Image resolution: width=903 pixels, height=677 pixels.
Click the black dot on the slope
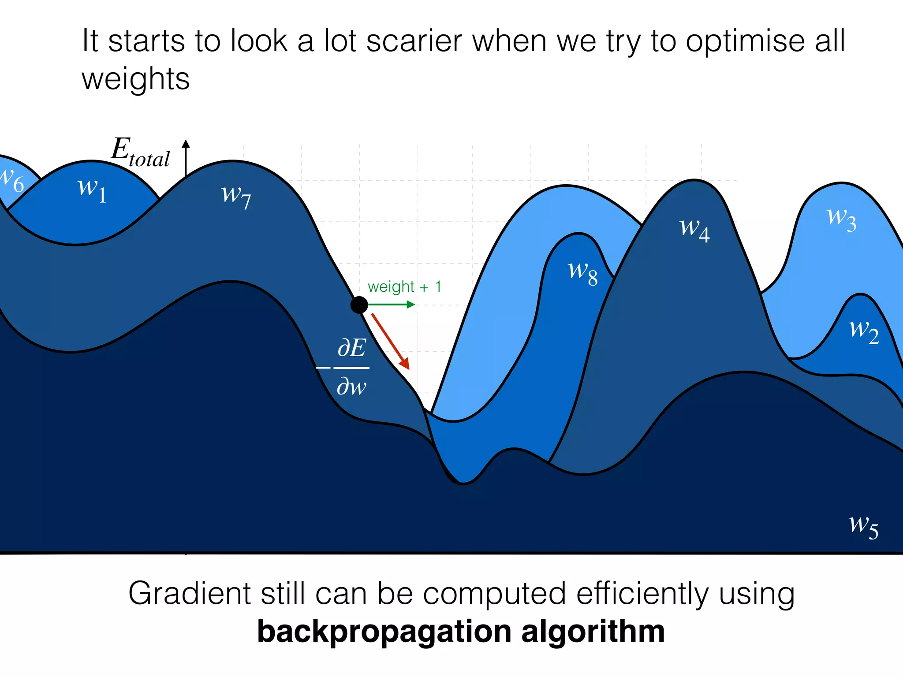[359, 305]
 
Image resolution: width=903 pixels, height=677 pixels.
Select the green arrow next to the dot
[392, 305]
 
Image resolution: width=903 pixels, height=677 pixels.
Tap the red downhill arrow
[391, 341]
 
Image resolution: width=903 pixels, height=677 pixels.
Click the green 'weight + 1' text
[404, 287]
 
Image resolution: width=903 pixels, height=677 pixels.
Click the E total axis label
[140, 153]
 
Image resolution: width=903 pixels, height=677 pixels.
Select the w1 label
[92, 190]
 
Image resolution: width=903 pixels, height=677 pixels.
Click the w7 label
[236, 196]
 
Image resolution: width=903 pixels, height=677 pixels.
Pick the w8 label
[583, 272]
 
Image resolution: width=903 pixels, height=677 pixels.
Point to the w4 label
[694, 229]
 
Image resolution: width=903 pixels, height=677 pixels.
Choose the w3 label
[841, 219]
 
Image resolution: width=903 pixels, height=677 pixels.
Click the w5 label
[863, 526]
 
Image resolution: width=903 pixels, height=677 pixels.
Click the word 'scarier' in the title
[414, 41]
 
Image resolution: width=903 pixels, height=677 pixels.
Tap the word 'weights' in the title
[136, 79]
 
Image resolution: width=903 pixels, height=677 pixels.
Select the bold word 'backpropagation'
[383, 632]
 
